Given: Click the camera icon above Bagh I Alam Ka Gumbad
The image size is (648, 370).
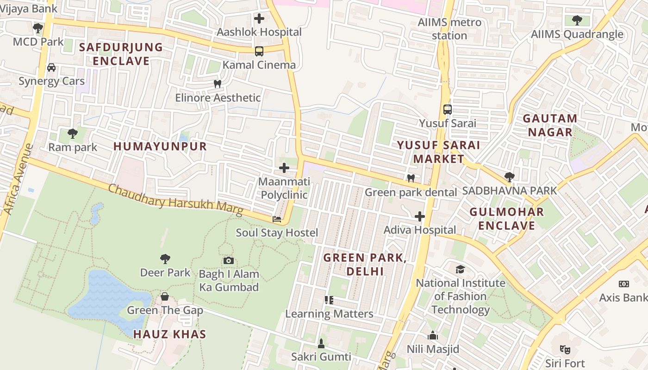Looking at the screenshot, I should (x=228, y=261).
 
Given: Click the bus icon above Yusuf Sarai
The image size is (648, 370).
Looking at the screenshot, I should (x=447, y=110).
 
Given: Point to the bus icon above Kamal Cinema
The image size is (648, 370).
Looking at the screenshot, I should (x=259, y=51).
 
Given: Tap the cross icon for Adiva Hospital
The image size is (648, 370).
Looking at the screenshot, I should (x=419, y=216).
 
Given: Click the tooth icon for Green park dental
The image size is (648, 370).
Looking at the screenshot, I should (x=410, y=179).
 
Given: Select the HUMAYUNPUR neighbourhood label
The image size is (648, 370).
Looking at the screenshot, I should (x=160, y=147).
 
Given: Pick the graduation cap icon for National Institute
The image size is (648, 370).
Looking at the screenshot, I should (x=460, y=270).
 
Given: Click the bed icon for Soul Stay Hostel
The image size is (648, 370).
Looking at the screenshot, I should (x=277, y=219).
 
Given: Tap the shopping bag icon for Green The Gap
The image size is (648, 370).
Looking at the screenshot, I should (x=165, y=296).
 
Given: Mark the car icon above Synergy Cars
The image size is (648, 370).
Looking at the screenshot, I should (x=51, y=68).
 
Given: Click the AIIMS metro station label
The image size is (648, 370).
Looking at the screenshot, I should (x=449, y=29).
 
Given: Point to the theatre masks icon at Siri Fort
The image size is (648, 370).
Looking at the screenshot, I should (x=564, y=350).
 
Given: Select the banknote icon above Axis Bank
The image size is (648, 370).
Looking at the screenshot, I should (x=623, y=284).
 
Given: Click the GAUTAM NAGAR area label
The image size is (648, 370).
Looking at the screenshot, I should (x=550, y=125).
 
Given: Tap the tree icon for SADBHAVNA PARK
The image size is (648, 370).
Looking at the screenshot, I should (x=509, y=177).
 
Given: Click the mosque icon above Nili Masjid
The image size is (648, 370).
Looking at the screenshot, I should (x=433, y=335).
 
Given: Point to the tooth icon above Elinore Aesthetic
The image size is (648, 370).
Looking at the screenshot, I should (x=218, y=84).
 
